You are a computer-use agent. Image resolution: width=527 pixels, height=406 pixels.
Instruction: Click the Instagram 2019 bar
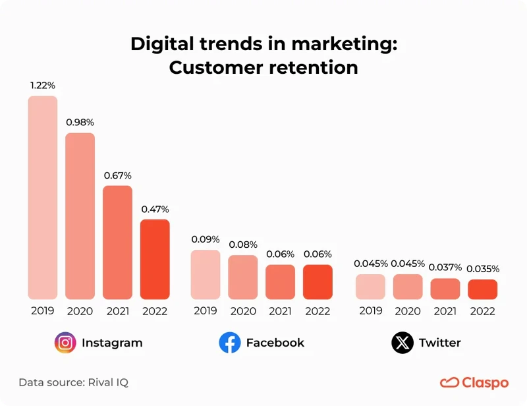pos(42,198)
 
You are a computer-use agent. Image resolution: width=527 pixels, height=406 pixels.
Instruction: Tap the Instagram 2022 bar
pos(155,259)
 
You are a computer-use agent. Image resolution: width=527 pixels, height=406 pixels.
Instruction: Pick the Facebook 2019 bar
pos(206,274)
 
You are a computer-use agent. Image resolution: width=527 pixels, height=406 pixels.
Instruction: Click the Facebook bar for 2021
pos(280,282)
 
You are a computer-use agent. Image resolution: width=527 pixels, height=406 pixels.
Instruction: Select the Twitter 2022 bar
pos(482,289)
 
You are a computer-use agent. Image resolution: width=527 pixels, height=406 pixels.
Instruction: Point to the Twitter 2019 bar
pos(370,287)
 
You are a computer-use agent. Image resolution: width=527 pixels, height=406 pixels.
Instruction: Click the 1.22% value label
pos(42,86)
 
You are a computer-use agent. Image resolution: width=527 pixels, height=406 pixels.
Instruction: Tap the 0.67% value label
pos(117,175)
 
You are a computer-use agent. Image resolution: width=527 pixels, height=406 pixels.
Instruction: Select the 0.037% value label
pos(445,268)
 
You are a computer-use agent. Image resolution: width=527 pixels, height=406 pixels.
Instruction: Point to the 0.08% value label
pos(243,245)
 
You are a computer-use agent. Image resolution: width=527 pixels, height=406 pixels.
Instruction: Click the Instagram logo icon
pos(65,343)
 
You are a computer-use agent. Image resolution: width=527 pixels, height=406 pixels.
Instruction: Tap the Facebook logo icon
pos(229,343)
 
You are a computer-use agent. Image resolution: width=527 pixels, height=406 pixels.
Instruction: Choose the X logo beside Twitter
pos(402,343)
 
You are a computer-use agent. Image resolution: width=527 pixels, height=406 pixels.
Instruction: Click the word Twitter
pos(439,343)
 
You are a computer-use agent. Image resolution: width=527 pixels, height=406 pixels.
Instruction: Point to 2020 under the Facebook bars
pos(243,311)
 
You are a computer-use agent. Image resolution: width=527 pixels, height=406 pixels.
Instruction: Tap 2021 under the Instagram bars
pos(117,311)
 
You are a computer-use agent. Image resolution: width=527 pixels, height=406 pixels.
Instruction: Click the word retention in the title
pos(309,67)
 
